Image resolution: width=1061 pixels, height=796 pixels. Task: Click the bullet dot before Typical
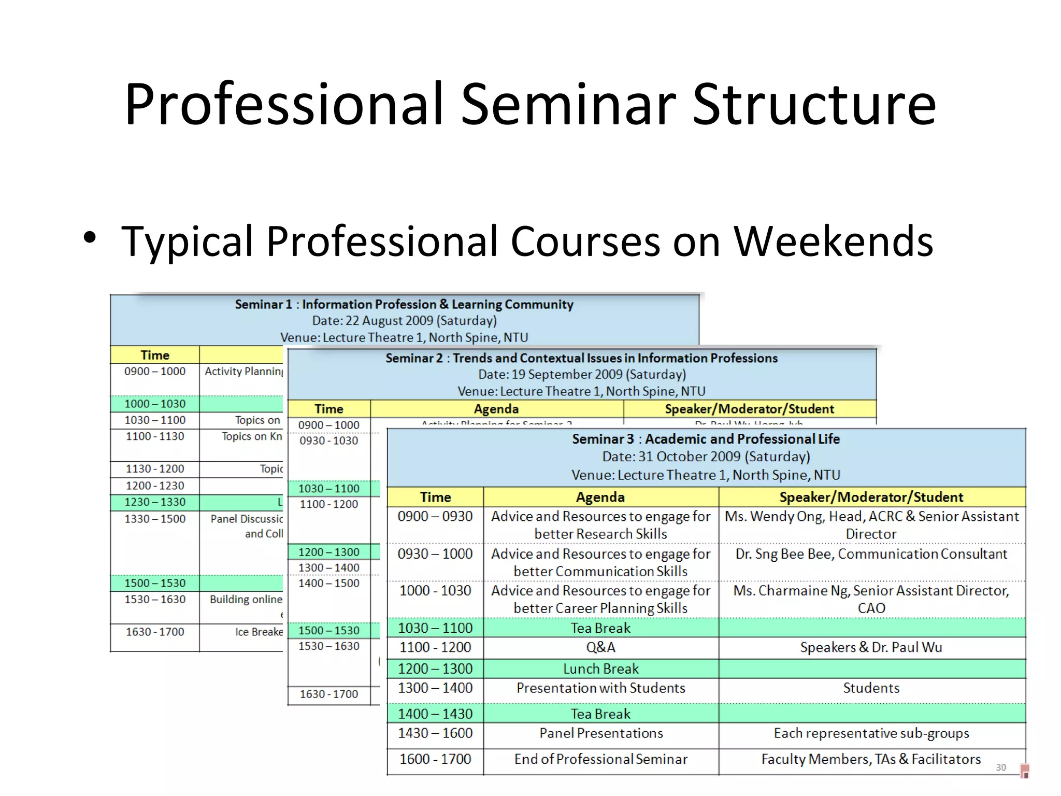pos(90,238)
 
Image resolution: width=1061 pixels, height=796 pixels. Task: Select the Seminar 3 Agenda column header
pos(600,497)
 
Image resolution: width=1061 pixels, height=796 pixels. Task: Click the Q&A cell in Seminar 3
pos(600,647)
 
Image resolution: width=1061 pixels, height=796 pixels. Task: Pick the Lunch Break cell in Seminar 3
pos(600,669)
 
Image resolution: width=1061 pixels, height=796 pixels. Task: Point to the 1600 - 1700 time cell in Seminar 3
pos(435,759)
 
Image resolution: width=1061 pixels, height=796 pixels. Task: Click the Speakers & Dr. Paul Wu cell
pos(871,647)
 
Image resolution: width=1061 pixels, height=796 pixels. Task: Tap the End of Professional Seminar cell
pos(600,759)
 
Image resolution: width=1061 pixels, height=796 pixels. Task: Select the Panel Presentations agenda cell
pos(600,733)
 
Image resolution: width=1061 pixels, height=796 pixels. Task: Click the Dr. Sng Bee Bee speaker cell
pos(871,554)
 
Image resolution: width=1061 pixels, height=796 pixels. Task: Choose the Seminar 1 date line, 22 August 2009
pos(404,321)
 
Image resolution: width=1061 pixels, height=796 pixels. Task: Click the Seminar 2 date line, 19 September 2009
pos(581,375)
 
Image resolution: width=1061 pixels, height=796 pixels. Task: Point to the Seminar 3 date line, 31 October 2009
pos(706,457)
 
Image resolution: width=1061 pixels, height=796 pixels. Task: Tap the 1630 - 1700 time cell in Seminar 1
pos(155,632)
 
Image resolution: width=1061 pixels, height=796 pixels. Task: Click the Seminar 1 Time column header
pos(155,355)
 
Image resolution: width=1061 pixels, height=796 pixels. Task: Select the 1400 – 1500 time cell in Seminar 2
pos(328,584)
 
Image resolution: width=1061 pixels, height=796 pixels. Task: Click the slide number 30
pos(1000,767)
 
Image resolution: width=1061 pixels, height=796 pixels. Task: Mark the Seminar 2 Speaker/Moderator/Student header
pos(749,409)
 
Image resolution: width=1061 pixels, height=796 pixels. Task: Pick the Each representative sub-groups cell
pos(871,733)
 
